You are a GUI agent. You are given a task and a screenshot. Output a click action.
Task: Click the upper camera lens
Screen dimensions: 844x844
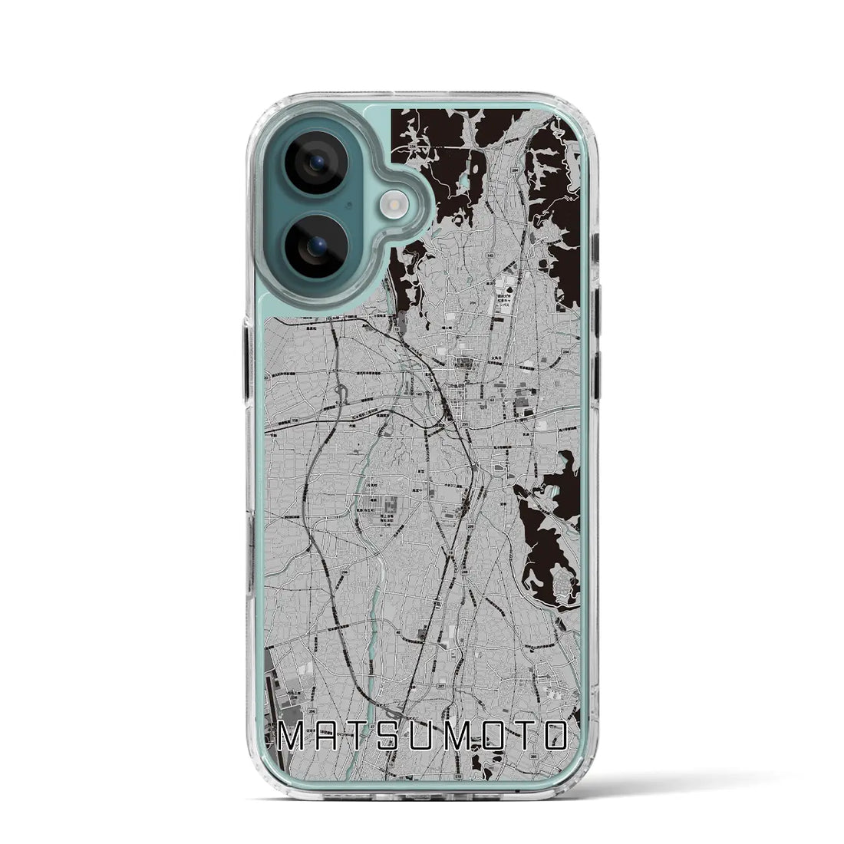pyautogui.click(x=316, y=163)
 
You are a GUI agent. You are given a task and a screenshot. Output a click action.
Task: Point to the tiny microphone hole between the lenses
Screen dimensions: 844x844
pyautogui.click(x=349, y=206)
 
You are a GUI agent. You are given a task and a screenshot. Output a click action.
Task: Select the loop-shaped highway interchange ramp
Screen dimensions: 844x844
pyautogui.click(x=341, y=397)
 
